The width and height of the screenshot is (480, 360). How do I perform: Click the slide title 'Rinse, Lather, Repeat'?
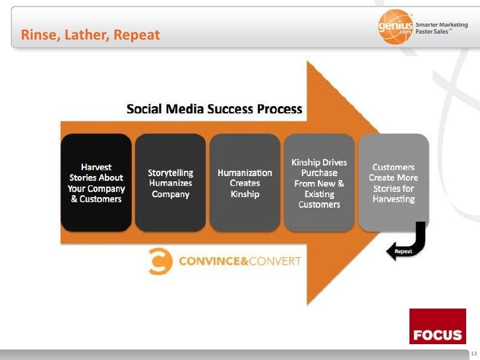click(x=90, y=35)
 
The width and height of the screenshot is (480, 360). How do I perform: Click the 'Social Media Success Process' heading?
click(x=214, y=109)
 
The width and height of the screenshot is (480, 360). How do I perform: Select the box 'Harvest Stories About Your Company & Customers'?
click(x=96, y=183)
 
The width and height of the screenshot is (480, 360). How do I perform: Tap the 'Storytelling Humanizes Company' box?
click(x=170, y=183)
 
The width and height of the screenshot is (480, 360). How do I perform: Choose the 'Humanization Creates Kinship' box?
click(x=245, y=183)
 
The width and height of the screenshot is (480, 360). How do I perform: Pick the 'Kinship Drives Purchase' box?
click(x=319, y=183)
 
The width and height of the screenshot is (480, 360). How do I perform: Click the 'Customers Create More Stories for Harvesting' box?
click(x=394, y=183)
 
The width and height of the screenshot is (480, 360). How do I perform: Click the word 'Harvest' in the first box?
click(x=96, y=167)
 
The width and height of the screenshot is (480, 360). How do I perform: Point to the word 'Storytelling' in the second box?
click(x=171, y=173)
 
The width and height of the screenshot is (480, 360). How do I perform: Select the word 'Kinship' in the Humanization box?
click(x=245, y=195)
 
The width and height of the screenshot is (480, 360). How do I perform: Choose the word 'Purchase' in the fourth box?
click(x=319, y=173)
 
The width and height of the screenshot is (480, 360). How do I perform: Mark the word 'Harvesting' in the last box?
click(x=394, y=199)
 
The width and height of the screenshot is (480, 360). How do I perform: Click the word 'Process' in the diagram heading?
click(x=277, y=109)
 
